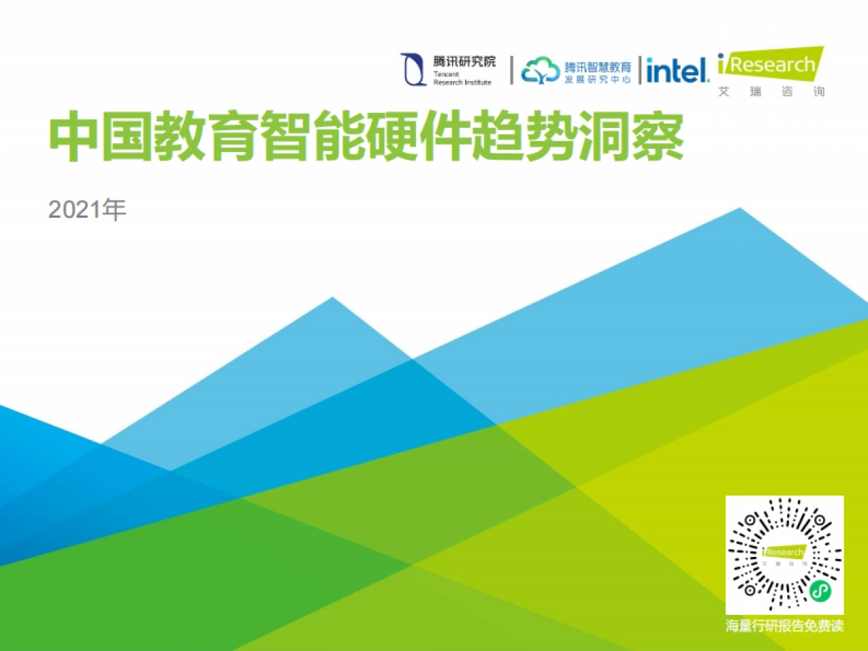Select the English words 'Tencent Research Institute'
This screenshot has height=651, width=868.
pyautogui.click(x=462, y=78)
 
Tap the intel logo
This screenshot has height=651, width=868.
pyautogui.click(x=676, y=70)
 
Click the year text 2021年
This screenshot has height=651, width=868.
pyautogui.click(x=88, y=210)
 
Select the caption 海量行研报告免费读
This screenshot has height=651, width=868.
pyautogui.click(x=785, y=626)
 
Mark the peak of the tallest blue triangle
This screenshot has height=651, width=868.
pyautogui.click(x=739, y=209)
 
